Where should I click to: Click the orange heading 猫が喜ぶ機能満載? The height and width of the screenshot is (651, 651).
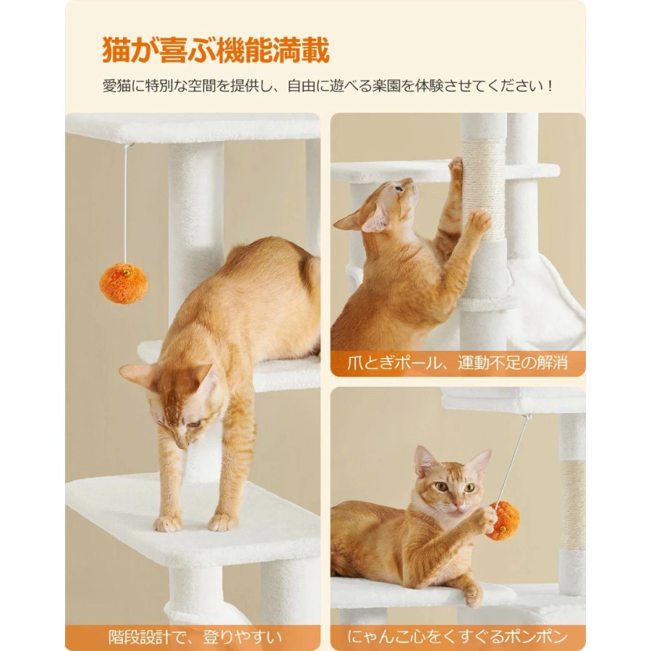pos(216,51)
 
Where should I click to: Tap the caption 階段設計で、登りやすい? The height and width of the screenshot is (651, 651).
pos(195,637)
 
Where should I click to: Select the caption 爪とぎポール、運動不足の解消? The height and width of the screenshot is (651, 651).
pos(457,363)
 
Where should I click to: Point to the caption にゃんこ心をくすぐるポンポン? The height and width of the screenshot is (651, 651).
pos(457,637)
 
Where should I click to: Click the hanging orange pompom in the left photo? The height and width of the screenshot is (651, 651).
pos(123,283)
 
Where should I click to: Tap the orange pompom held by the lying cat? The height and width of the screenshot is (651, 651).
pos(503,521)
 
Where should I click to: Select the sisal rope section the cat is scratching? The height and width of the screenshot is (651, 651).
pos(483,191)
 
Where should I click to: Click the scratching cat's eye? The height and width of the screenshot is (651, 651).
pos(399,189)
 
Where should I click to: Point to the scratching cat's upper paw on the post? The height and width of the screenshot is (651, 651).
pos(456,166)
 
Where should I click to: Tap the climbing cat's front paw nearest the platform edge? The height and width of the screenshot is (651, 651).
pos(167,523)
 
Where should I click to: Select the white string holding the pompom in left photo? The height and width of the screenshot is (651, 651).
pos(125,204)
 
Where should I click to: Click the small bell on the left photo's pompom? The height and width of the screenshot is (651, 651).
pos(126,273)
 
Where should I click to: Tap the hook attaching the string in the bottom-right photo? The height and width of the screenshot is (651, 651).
pos(528,417)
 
